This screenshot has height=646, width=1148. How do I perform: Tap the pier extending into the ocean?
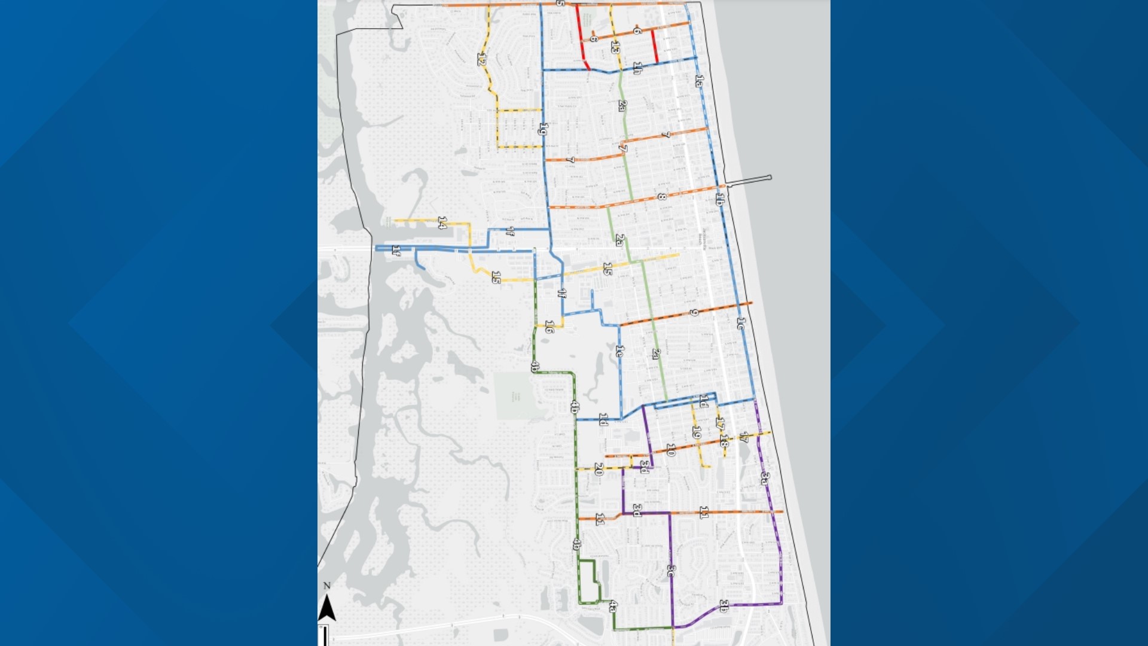tap(749, 181)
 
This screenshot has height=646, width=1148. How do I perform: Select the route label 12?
tap(481, 59)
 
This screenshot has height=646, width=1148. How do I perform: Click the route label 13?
tap(615, 47)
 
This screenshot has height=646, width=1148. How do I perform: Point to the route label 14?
tap(442, 223)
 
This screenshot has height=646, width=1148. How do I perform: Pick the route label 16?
tap(549, 327)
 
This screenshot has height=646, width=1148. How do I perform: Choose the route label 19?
tap(697, 432)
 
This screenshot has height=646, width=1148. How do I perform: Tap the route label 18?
tap(724, 442)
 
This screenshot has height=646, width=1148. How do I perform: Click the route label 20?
tap(599, 470)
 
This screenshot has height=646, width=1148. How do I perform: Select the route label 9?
tap(694, 312)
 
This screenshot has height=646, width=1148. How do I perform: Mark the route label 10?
tap(671, 450)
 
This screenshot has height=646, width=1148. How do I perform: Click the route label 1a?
tap(700, 81)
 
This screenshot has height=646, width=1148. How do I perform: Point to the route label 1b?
tap(720, 199)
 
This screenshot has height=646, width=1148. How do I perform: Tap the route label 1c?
tap(741, 324)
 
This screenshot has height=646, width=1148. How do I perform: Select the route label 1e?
tap(619, 351)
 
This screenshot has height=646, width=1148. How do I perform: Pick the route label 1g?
tap(543, 129)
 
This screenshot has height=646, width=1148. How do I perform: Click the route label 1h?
tap(637, 68)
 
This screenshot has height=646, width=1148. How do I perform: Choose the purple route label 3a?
tap(765, 478)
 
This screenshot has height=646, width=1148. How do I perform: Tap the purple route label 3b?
tap(723, 606)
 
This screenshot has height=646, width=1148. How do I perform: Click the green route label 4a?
tap(613, 607)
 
